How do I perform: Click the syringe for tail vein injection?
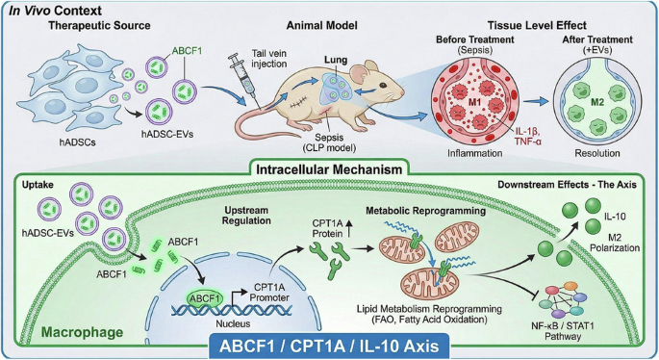[242, 80]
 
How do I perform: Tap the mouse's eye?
[383, 86]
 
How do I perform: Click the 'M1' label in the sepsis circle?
[475, 101]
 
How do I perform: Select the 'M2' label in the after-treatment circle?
[597, 101]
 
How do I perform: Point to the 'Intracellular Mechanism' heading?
[329, 169]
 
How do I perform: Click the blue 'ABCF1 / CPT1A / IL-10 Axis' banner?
[329, 347]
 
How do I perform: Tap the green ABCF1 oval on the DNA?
[205, 298]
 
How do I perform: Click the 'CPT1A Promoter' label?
[269, 293]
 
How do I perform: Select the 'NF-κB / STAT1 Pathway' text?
[563, 330]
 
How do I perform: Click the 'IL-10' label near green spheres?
[615, 217]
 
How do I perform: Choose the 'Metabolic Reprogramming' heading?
[426, 210]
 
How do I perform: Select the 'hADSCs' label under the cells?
[77, 142]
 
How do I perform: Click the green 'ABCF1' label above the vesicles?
[187, 51]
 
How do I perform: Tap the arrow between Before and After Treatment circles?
[536, 101]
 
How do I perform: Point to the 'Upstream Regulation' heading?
[246, 216]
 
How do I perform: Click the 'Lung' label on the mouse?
[336, 60]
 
